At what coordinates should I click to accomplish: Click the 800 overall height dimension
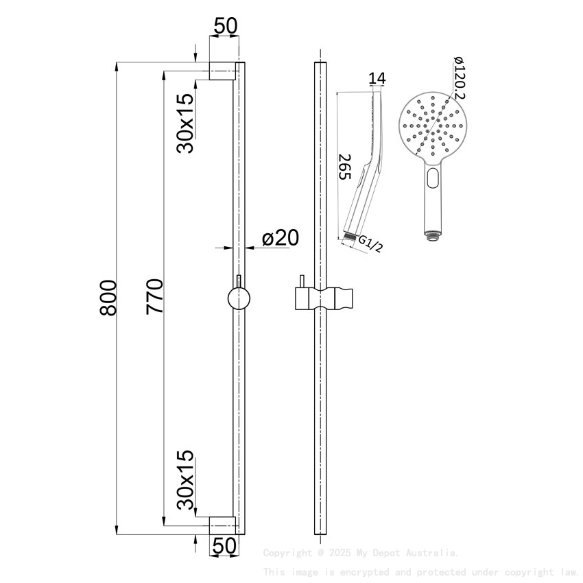tap(107, 297)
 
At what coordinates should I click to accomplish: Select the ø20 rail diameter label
tap(280, 238)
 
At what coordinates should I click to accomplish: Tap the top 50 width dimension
tap(225, 26)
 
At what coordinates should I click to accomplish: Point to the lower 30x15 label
tap(185, 481)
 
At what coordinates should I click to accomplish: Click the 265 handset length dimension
tap(344, 167)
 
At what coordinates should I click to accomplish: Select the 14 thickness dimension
tap(377, 79)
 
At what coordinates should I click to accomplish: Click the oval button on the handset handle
tap(433, 180)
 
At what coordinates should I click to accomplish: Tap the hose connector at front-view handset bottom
tap(431, 237)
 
